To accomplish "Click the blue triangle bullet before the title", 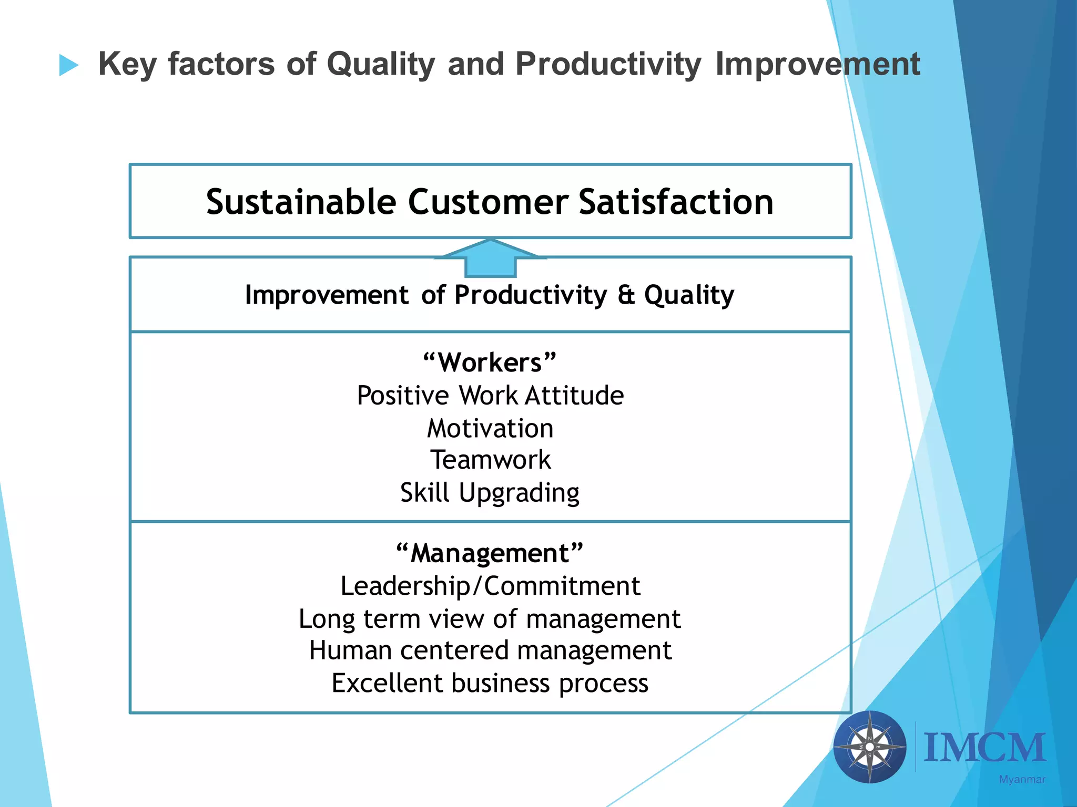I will coord(68,65).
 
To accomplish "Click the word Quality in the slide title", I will coord(381,64).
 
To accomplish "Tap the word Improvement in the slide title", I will coord(817,64).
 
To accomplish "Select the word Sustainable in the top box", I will coord(301,202).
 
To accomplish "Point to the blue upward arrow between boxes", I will coord(490,258).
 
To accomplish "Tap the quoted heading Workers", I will coord(490,363).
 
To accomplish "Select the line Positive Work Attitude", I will coord(490,395).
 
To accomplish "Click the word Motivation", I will coord(490,428).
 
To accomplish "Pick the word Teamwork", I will coord(490,460).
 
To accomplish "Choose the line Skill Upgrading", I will coord(490,493).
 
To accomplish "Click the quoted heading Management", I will coord(490,553).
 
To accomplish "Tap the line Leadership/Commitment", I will coord(490,586).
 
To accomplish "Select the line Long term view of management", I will coord(490,619).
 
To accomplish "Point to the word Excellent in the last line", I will coord(387,684).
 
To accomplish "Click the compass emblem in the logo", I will coord(869,747).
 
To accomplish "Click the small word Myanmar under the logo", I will coord(1022,780).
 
